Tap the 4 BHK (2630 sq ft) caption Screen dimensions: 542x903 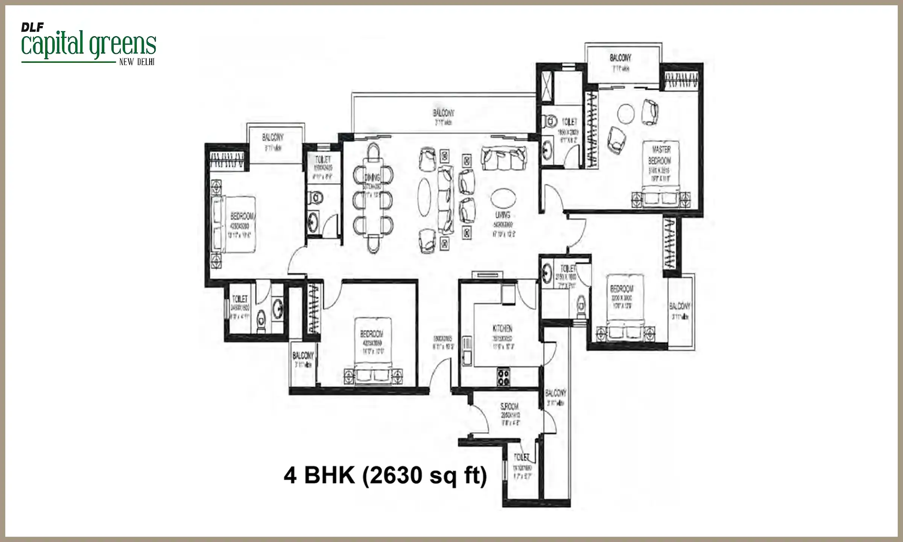coord(385,475)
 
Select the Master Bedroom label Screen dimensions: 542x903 coord(660,155)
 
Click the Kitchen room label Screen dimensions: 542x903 coord(502,328)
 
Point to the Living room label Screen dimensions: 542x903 coord(503,215)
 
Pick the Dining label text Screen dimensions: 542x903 coord(372,178)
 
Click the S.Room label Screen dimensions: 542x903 coord(509,407)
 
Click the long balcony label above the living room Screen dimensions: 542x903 coord(443,113)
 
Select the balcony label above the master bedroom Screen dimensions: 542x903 coord(620,58)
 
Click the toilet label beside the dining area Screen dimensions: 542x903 coord(323,160)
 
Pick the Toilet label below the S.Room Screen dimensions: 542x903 coord(521,457)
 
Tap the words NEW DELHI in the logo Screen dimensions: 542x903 coord(137,62)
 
